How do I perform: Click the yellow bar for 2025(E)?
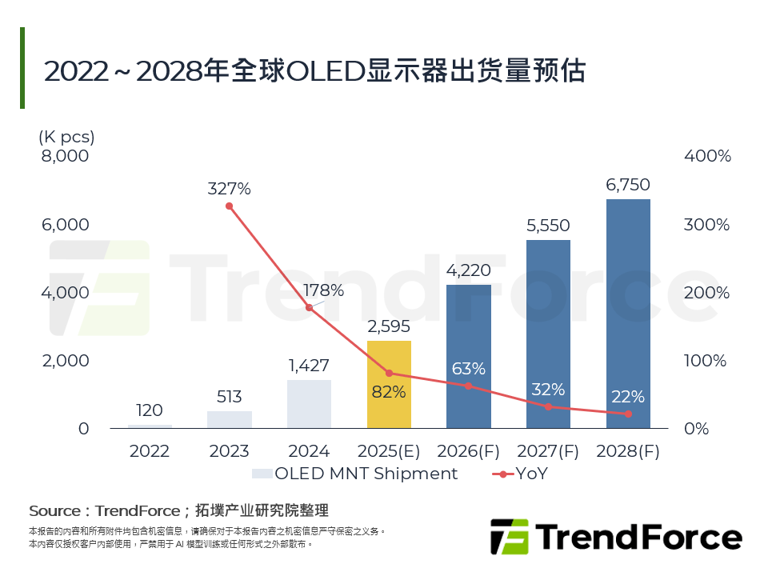(389, 385)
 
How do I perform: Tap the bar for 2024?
(309, 404)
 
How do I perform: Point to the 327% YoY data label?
(229, 190)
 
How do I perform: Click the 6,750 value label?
(628, 185)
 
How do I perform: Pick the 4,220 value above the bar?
(469, 270)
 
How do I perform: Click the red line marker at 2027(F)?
(548, 406)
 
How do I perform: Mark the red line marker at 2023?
(229, 206)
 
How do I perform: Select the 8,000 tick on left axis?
(65, 156)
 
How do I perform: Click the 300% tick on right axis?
(707, 225)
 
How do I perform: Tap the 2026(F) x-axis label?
(469, 451)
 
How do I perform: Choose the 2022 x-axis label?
(150, 451)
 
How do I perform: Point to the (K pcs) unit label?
(66, 137)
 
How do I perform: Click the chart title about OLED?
(314, 70)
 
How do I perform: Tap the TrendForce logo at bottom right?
(615, 536)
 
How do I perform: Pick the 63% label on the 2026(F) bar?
(469, 369)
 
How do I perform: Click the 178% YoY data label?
(325, 290)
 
